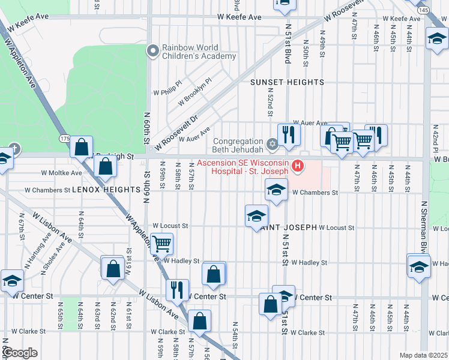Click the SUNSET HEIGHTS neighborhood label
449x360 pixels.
(287, 82)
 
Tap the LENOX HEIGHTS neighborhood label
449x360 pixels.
(106, 189)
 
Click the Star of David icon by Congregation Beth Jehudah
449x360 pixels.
(271, 143)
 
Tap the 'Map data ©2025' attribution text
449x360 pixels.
(423, 355)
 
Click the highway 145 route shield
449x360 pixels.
(423, 10)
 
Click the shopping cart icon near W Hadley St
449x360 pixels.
(161, 244)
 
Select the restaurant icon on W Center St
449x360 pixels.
(177, 290)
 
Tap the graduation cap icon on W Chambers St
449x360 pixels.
(276, 191)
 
